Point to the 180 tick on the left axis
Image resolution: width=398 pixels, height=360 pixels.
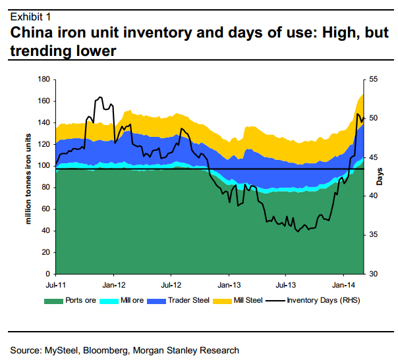pyautogui.click(x=45, y=80)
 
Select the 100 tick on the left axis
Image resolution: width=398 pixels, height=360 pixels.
pyautogui.click(x=45, y=166)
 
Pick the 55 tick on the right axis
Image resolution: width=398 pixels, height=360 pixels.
pyautogui.click(x=373, y=80)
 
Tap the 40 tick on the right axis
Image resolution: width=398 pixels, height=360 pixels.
pyautogui.click(x=373, y=196)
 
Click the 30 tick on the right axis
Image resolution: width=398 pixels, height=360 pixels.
pyautogui.click(x=373, y=273)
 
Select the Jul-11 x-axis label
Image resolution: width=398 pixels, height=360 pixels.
pyautogui.click(x=56, y=286)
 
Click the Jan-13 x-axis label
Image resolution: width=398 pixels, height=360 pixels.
pyautogui.click(x=228, y=286)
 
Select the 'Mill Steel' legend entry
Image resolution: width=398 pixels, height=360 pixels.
pyautogui.click(x=249, y=301)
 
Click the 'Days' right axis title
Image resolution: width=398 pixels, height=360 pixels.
pyautogui.click(x=380, y=176)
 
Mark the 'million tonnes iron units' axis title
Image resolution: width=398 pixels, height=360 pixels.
pyautogui.click(x=28, y=176)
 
